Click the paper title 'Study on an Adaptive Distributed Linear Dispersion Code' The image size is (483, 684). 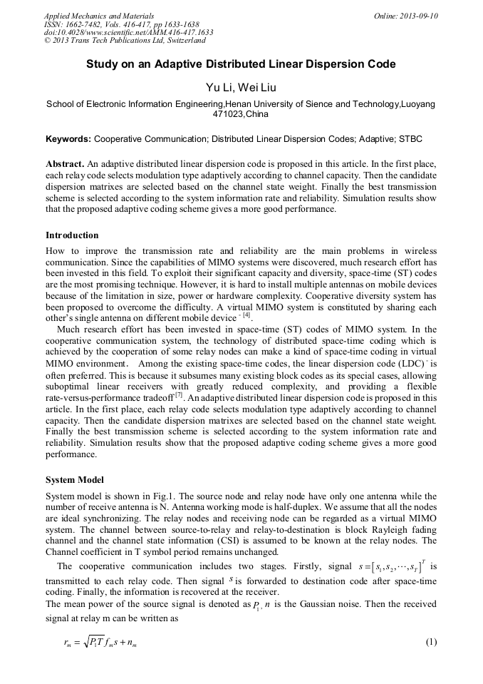pos(241,64)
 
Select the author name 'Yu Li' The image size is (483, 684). pos(217,88)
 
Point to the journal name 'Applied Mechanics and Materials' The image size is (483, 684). pos(98,16)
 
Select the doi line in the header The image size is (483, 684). pos(128,32)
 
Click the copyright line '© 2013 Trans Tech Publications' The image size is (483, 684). pos(125,41)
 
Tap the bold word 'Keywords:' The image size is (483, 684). pos(68,138)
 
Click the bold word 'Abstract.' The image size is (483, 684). pos(66,163)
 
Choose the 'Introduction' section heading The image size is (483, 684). pos(72,235)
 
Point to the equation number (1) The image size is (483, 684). pos(430,642)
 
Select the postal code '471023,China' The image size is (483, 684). pos(241,114)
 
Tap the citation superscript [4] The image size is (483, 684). pos(246,315)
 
